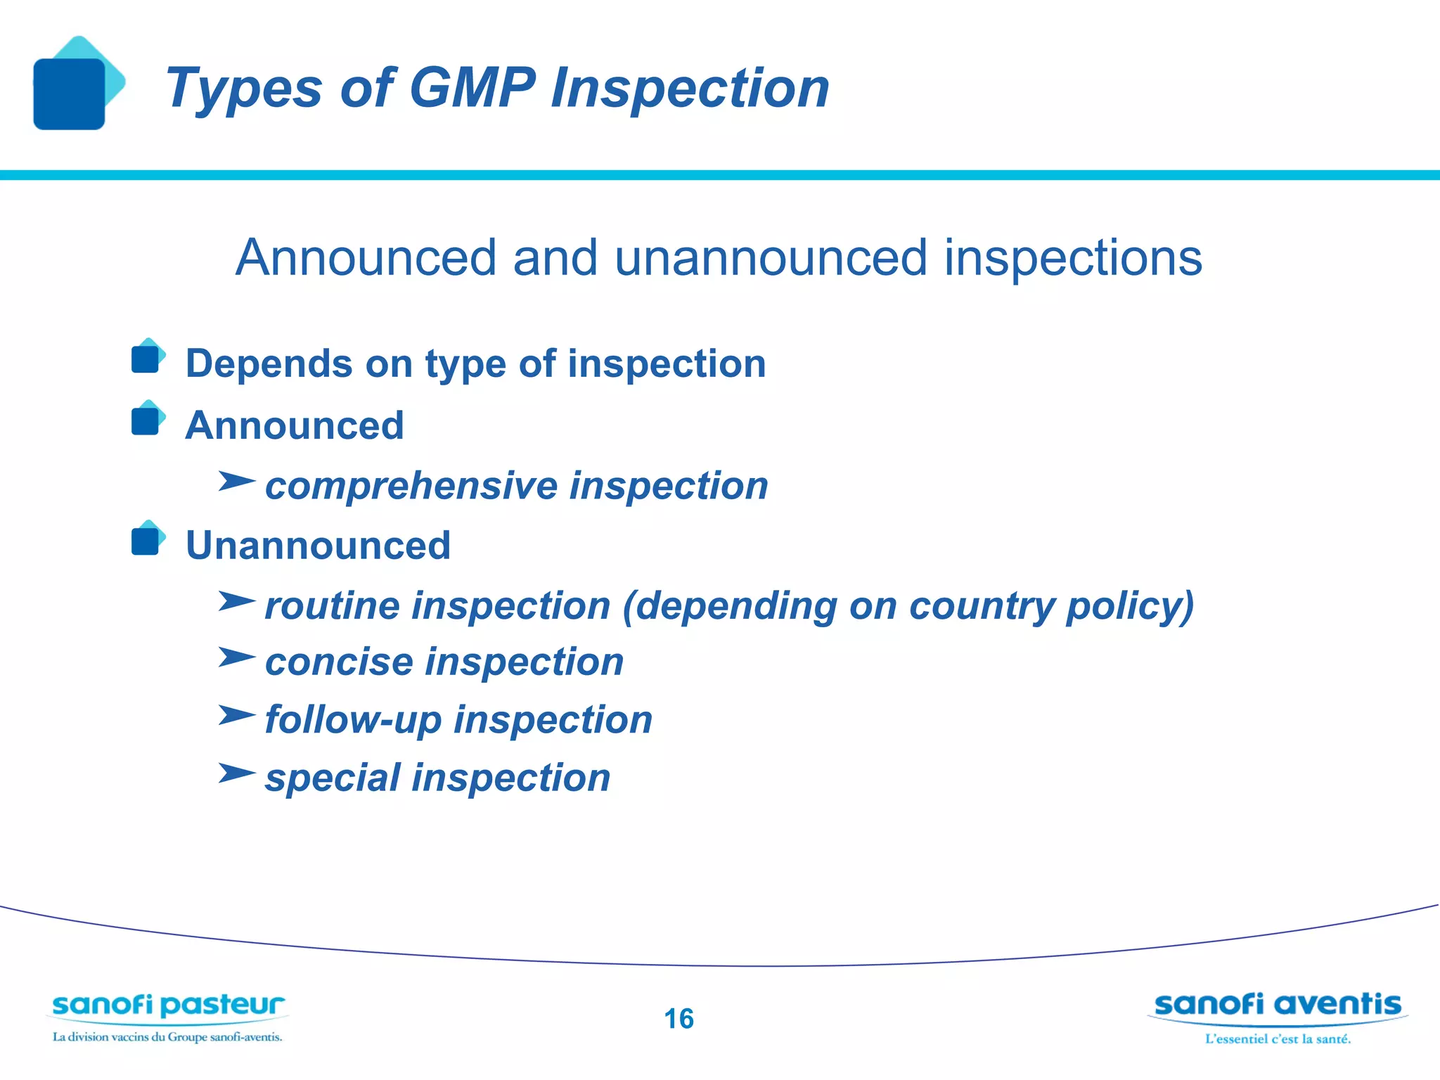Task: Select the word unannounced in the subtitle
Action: click(x=771, y=258)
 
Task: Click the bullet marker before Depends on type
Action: click(x=146, y=359)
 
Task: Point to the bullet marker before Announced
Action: click(x=146, y=420)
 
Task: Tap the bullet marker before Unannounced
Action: click(x=146, y=540)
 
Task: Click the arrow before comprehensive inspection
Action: click(x=236, y=482)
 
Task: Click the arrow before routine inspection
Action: click(x=236, y=602)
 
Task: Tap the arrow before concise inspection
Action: click(x=236, y=658)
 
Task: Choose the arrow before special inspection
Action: click(x=236, y=773)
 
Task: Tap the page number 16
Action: click(x=679, y=1019)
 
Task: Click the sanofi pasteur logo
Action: click(x=168, y=1007)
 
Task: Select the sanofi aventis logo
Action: click(x=1277, y=1005)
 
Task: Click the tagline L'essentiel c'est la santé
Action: click(x=1278, y=1039)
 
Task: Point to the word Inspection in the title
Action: click(x=689, y=88)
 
